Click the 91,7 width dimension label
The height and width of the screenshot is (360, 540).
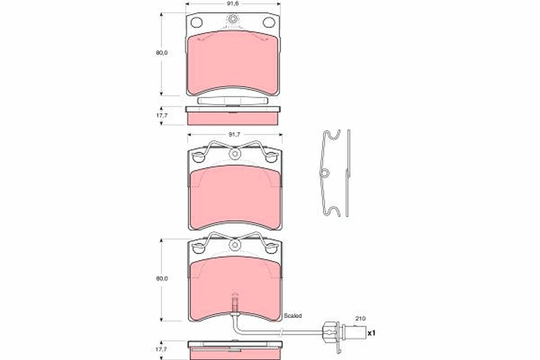coord(234,134)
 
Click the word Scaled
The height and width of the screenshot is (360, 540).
coord(292,316)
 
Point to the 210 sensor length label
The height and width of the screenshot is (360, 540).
coord(360,318)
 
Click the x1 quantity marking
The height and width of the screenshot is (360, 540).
coord(371,333)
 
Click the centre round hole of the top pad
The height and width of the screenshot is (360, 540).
coord(233,19)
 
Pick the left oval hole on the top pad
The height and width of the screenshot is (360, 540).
coord(197,22)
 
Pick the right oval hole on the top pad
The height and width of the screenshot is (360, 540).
coord(269,22)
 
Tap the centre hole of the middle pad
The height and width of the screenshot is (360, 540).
coord(234,154)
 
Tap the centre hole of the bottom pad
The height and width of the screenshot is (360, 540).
coord(234,245)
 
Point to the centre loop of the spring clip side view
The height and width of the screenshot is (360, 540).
coord(325,173)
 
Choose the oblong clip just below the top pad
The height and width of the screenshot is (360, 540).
coord(233,101)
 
